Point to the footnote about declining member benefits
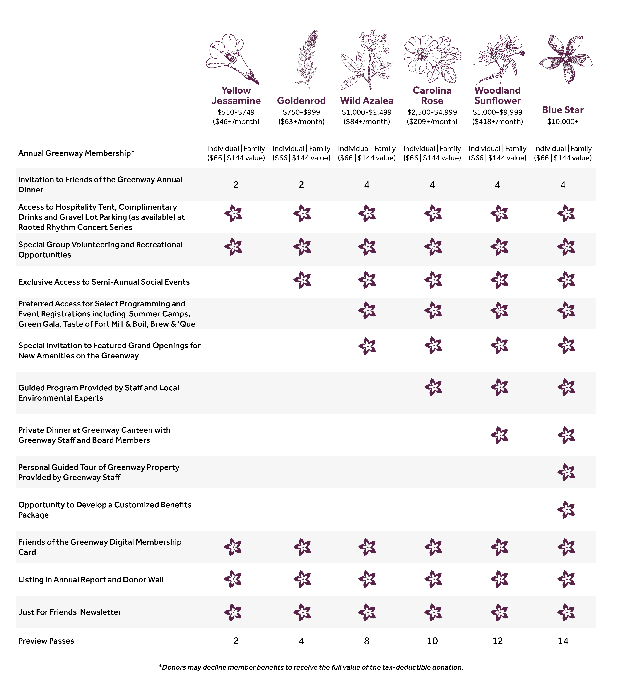[311, 667]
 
